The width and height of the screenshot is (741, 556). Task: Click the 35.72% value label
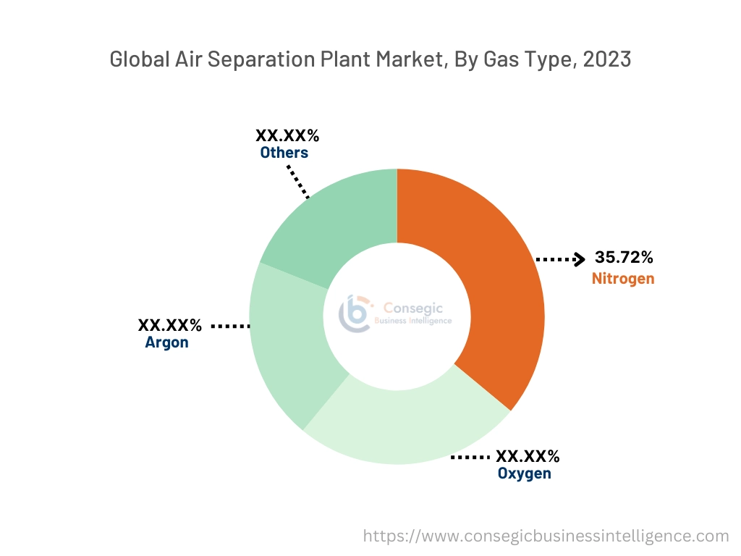(x=624, y=258)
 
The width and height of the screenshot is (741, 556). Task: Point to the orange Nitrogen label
(x=622, y=279)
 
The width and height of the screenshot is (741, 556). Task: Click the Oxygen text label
(x=524, y=474)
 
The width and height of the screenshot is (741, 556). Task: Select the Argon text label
(x=166, y=343)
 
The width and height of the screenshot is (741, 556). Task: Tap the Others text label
(x=284, y=153)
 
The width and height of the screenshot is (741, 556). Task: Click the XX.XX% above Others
(x=287, y=136)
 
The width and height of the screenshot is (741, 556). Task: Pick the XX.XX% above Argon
(x=170, y=326)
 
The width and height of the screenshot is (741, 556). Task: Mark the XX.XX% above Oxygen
(x=528, y=457)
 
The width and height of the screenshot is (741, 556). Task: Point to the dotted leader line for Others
(x=298, y=182)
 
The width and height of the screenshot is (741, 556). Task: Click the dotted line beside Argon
(x=230, y=327)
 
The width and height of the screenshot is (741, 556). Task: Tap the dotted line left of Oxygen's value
(x=470, y=458)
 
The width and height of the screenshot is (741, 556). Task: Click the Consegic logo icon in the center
(x=355, y=313)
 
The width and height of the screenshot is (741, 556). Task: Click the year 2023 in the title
(x=606, y=59)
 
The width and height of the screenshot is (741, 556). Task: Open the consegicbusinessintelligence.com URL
(x=546, y=536)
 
